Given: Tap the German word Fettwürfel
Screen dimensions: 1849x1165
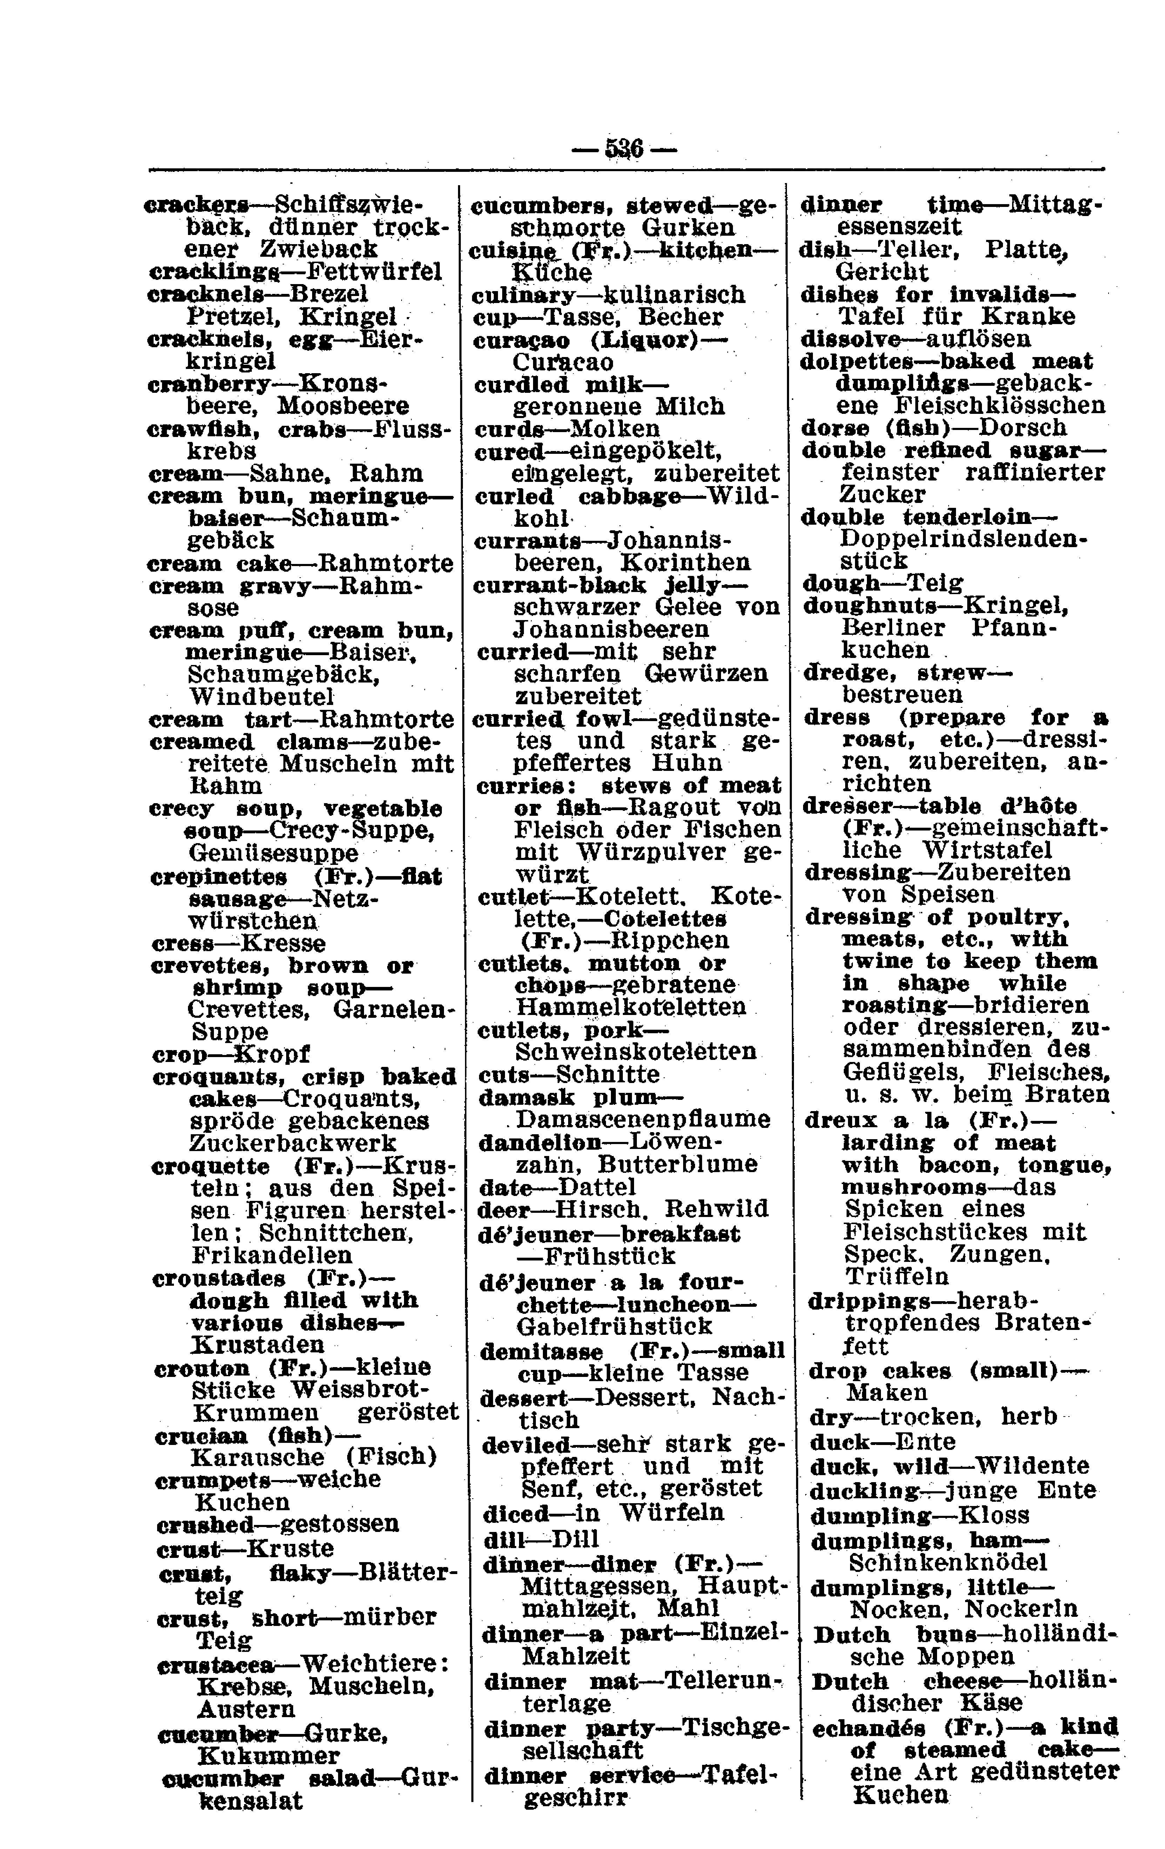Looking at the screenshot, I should tap(374, 272).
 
